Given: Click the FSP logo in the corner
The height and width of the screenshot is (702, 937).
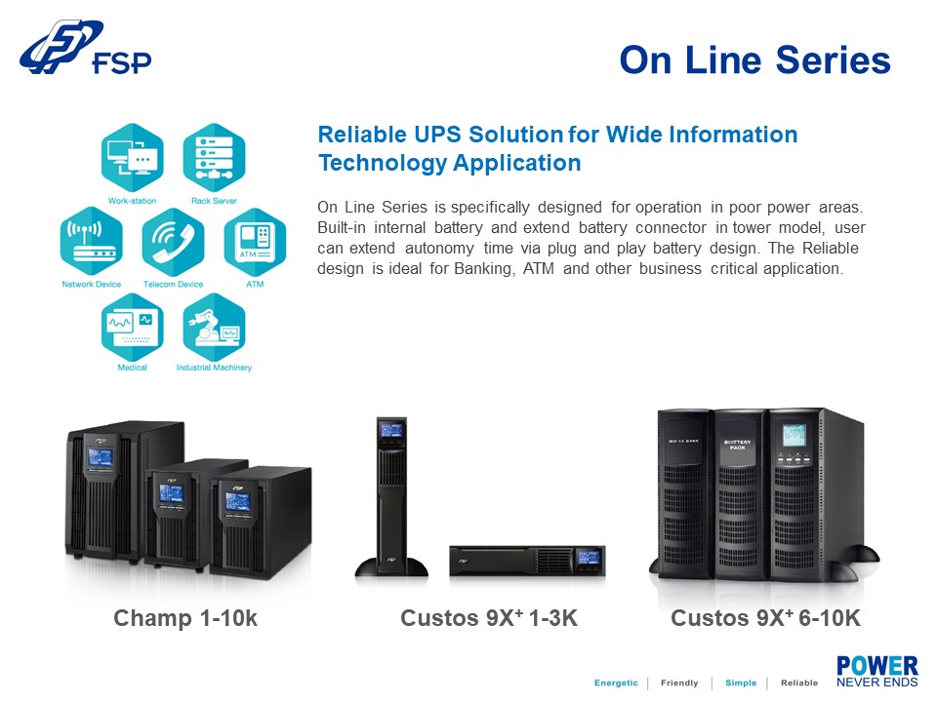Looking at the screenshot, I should pyautogui.click(x=86, y=50).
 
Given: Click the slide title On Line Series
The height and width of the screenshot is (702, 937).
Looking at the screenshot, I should pyautogui.click(x=754, y=60).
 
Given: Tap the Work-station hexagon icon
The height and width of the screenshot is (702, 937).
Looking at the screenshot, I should pyautogui.click(x=132, y=157).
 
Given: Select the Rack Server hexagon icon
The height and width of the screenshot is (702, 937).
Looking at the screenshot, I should pyautogui.click(x=214, y=157).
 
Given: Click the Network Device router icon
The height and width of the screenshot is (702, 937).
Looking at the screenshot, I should pyautogui.click(x=91, y=242).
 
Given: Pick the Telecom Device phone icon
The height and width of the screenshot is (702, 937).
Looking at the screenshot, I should pyautogui.click(x=173, y=242).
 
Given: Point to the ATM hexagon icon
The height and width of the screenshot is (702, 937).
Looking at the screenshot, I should pyautogui.click(x=255, y=242).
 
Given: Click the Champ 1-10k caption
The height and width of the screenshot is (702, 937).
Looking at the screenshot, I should pyautogui.click(x=185, y=618).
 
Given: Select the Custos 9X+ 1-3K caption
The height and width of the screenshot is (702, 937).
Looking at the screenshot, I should pyautogui.click(x=489, y=618).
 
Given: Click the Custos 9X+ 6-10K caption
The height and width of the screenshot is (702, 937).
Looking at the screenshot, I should pyautogui.click(x=765, y=618).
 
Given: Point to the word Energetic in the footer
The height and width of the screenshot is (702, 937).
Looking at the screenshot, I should pyautogui.click(x=616, y=682).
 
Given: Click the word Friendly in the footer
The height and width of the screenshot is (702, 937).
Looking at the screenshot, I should pyautogui.click(x=679, y=682).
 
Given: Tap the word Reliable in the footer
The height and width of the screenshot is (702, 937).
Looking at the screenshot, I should pyautogui.click(x=799, y=682).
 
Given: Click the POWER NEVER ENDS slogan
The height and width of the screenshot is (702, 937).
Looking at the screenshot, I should pyautogui.click(x=876, y=672).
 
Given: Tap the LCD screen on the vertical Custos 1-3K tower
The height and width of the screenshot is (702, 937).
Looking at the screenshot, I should pyautogui.click(x=391, y=429).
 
